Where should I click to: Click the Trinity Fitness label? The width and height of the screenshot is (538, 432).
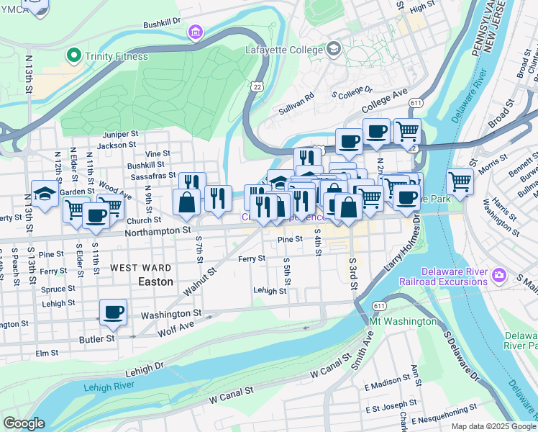116,56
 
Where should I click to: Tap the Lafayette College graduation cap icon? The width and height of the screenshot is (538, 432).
333,49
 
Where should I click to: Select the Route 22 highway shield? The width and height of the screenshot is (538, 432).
256,86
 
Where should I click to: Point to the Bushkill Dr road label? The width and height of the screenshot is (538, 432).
162,24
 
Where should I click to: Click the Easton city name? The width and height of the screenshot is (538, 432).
155,282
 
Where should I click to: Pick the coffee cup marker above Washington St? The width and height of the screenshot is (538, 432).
113,312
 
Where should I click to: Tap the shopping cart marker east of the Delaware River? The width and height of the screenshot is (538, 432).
460,182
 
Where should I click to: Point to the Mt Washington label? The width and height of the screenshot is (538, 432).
402,321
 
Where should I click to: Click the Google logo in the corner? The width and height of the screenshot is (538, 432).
23,423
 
